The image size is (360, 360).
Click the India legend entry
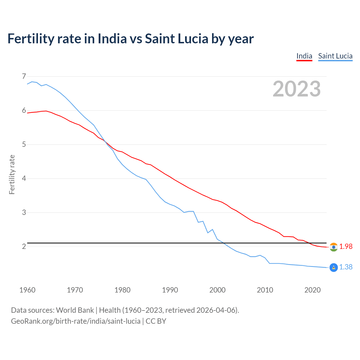[304, 56]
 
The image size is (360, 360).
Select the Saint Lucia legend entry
[335, 56]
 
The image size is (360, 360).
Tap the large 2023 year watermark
[297, 89]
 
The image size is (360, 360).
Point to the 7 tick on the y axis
[24, 76]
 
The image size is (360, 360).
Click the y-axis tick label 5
[24, 145]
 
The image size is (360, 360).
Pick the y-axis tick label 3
[24, 212]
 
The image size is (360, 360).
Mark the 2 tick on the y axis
[24, 246]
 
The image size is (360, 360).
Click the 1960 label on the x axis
[27, 290]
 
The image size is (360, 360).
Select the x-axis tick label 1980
[122, 290]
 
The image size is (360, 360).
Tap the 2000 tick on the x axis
[217, 290]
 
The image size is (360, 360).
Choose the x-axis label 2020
[312, 290]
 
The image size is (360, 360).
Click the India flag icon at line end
[334, 247]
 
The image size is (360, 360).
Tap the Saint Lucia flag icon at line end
[334, 267]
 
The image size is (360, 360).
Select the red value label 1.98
[346, 246]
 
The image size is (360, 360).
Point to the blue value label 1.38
[346, 267]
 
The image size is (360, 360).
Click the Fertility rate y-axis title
[12, 174]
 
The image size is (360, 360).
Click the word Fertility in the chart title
[30, 39]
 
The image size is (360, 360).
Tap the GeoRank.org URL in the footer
[75, 321]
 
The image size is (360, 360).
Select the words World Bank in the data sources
[75, 310]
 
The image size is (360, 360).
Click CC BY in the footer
[156, 321]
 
